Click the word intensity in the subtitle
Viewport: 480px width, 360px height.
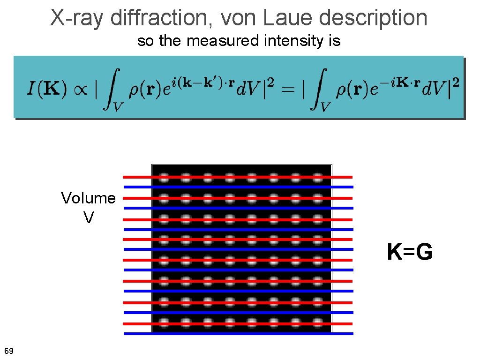tap(291, 41)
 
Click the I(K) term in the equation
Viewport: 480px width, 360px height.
tap(45, 89)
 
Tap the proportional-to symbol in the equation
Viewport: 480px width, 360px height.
tap(79, 89)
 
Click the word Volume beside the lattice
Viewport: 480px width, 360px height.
tap(88, 198)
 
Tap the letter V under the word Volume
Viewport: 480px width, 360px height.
tap(88, 217)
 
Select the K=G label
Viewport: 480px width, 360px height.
tap(410, 253)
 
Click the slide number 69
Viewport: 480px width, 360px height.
tap(8, 351)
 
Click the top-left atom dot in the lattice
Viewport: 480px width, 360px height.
tap(164, 178)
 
